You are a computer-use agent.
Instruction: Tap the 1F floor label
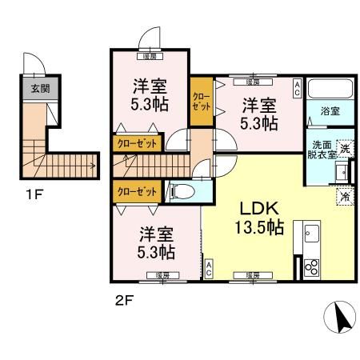[34, 193]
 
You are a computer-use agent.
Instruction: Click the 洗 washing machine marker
[346, 147]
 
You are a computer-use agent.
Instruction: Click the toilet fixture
[180, 191]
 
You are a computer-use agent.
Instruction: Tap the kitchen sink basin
[310, 236]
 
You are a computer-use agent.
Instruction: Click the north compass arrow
[342, 320]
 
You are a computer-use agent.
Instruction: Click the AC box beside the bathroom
[298, 87]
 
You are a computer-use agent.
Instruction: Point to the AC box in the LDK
[209, 269]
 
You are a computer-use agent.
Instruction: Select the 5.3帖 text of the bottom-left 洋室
[156, 252]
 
